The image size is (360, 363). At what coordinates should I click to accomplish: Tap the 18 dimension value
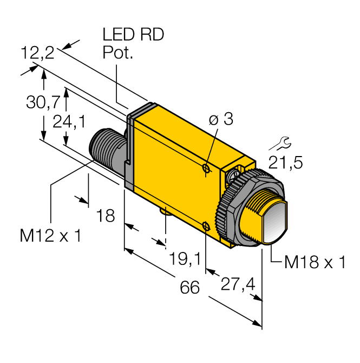[106, 216]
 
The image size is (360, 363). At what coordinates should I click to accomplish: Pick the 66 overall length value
[189, 287]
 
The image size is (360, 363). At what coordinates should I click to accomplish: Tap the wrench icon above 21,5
[280, 143]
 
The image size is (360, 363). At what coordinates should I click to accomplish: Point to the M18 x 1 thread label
[315, 263]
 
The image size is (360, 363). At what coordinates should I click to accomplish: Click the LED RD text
[133, 35]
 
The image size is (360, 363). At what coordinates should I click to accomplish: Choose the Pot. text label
[117, 53]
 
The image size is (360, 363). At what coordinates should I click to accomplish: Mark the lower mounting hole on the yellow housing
[206, 225]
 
